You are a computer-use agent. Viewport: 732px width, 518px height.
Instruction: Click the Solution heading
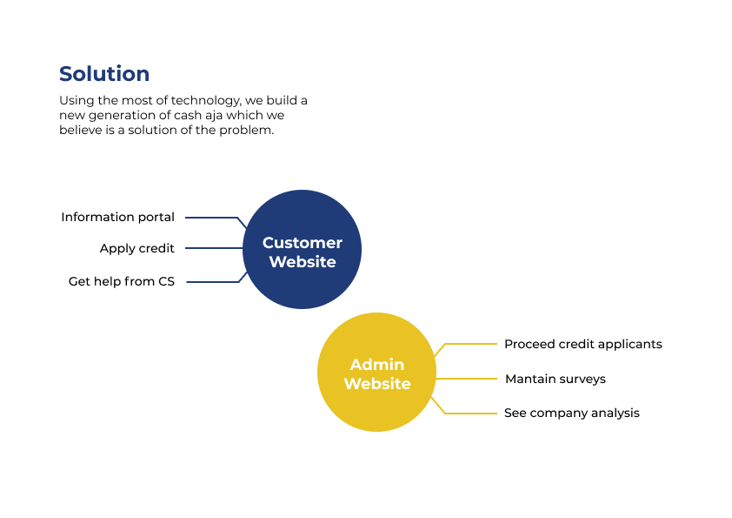coord(104,74)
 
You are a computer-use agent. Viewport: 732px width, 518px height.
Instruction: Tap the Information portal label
coord(117,217)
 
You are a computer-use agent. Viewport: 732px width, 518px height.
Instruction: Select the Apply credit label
coord(136,248)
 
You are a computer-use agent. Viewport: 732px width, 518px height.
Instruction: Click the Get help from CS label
coord(122,281)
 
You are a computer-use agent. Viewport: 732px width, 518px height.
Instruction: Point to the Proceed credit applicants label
coord(582,344)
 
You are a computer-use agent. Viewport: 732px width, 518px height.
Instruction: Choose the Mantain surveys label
coord(555,379)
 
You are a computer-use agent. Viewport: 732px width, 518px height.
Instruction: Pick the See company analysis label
coord(571,413)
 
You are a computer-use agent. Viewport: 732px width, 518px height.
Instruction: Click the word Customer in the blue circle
coord(303,243)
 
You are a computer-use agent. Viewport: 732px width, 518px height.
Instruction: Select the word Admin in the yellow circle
coord(377,365)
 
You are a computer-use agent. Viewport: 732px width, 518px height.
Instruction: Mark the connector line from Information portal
coord(210,218)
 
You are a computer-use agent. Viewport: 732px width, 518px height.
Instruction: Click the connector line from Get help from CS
coord(212,282)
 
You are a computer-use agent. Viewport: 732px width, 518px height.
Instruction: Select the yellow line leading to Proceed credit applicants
coord(469,344)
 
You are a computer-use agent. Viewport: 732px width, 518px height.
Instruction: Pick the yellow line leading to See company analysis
coord(469,413)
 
